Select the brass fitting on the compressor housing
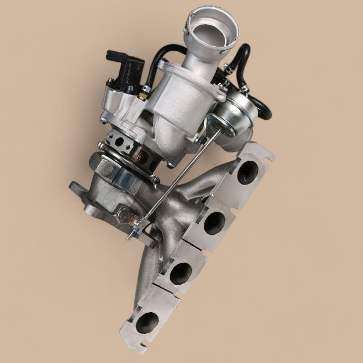pyautogui.click(x=142, y=96)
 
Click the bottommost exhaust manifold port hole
pyautogui.click(x=147, y=321)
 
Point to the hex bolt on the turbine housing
pyautogui.click(x=124, y=213)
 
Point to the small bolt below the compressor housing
pyautogui.click(x=171, y=164)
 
